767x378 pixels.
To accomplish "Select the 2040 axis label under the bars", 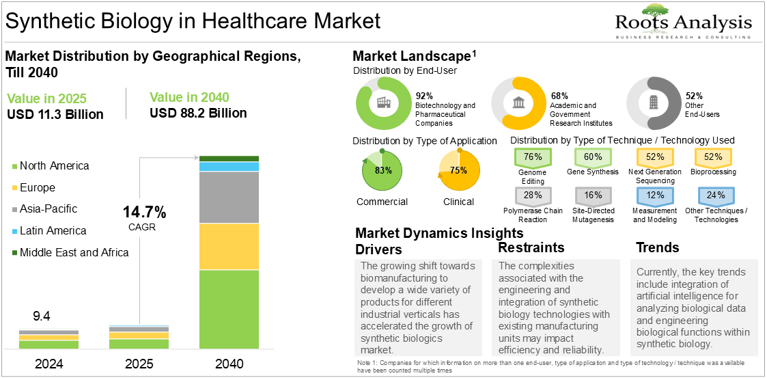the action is pyautogui.click(x=228, y=364).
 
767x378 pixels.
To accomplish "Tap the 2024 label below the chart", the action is pyautogui.click(x=49, y=364).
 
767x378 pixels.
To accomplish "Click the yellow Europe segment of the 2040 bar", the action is pyautogui.click(x=229, y=247).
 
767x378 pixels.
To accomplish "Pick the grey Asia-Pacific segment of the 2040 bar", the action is pyautogui.click(x=229, y=198).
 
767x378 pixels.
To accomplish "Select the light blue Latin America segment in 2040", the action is pyautogui.click(x=229, y=167).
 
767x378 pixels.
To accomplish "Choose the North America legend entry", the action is pyautogui.click(x=51, y=166).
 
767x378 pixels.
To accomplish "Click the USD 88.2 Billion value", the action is pyautogui.click(x=198, y=113).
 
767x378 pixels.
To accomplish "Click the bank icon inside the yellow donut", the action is pyautogui.click(x=517, y=103).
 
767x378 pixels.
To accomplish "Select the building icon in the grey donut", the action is pyautogui.click(x=653, y=103).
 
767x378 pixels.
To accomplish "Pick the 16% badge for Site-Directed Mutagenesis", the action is pyautogui.click(x=593, y=195).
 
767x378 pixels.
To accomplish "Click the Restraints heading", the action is pyautogui.click(x=531, y=247).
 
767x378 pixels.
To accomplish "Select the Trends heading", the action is pyautogui.click(x=658, y=247).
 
